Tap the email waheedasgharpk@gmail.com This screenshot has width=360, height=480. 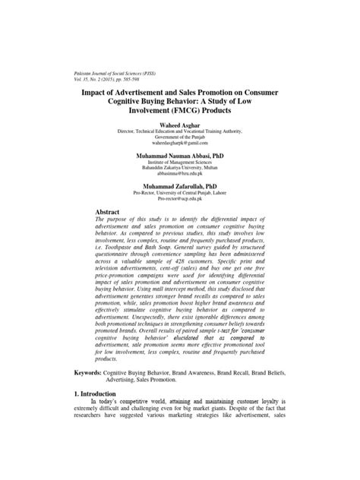pyautogui.click(x=182, y=142)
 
